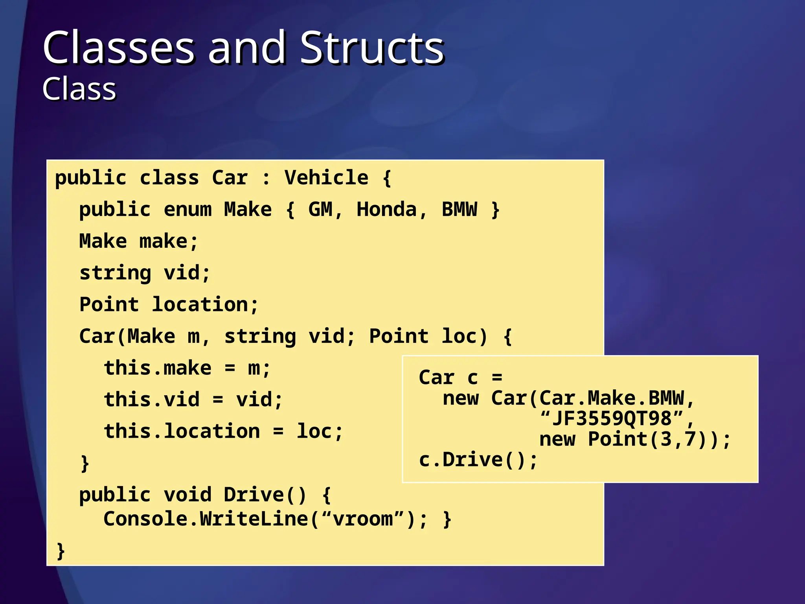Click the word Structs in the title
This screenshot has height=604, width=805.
pos(371,48)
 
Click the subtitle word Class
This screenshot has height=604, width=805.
pos(79,89)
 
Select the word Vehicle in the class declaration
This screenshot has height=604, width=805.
pos(326,178)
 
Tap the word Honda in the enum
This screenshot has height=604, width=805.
pos(386,210)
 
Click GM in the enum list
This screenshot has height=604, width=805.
pos(320,210)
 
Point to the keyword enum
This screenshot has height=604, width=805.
pos(187,210)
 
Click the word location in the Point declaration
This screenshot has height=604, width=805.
pos(200,305)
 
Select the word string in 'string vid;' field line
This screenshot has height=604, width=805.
pos(115,273)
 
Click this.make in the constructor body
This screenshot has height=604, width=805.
pos(157,368)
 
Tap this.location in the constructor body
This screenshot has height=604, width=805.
pos(182,432)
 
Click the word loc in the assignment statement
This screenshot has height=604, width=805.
pos(314,432)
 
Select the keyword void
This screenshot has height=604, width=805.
pos(187,495)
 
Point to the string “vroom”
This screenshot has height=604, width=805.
pos(363,519)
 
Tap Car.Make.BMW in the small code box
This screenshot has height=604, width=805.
pos(611,398)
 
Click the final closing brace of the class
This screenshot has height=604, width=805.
pos(61,551)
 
